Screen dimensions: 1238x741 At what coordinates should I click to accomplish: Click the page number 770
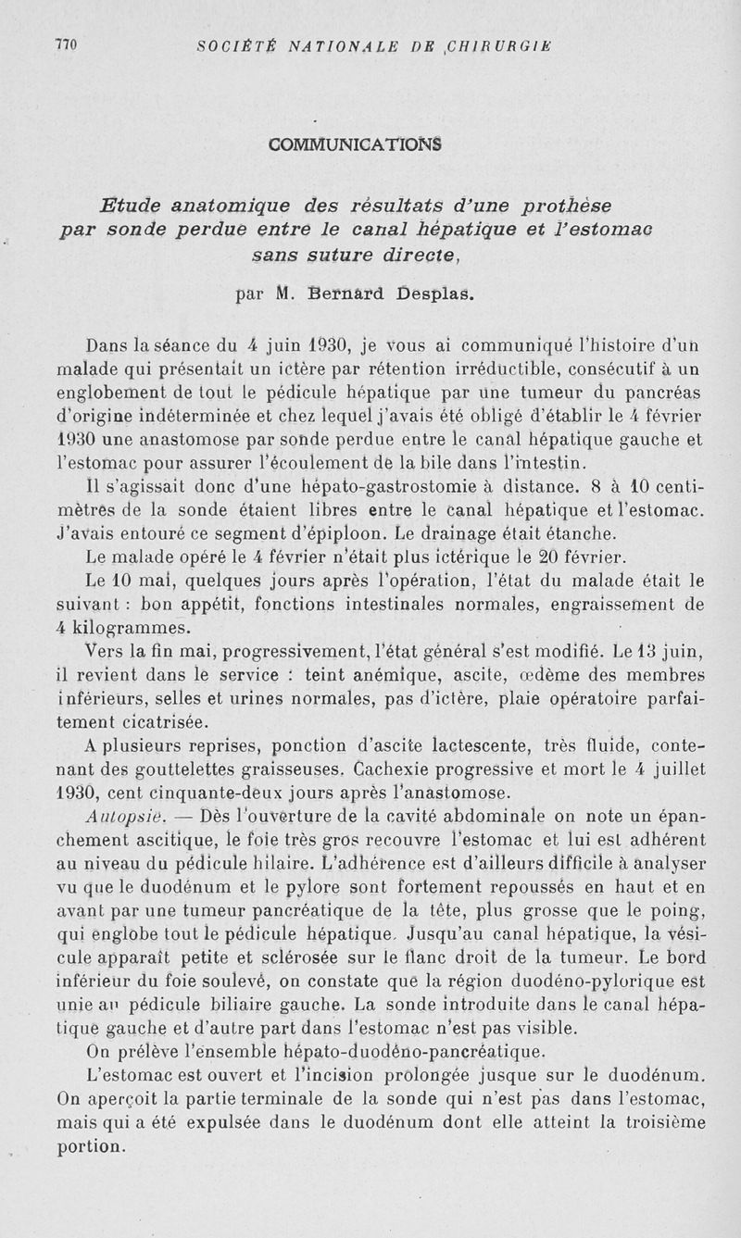click(66, 44)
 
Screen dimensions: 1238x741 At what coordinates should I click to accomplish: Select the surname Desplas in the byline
click(435, 295)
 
